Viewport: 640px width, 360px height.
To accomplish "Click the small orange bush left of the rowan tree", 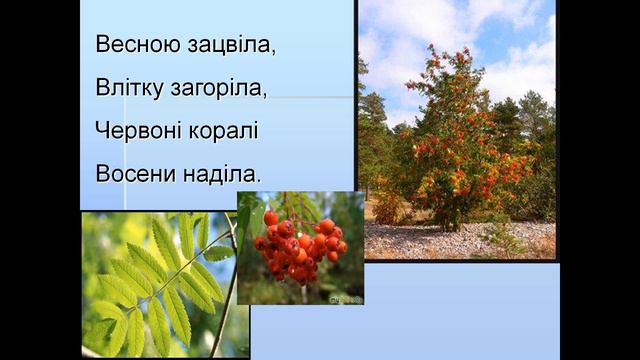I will click(x=386, y=208).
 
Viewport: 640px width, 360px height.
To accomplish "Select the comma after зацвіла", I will click(x=273, y=53).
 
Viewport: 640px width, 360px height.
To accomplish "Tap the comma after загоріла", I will click(x=265, y=96).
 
